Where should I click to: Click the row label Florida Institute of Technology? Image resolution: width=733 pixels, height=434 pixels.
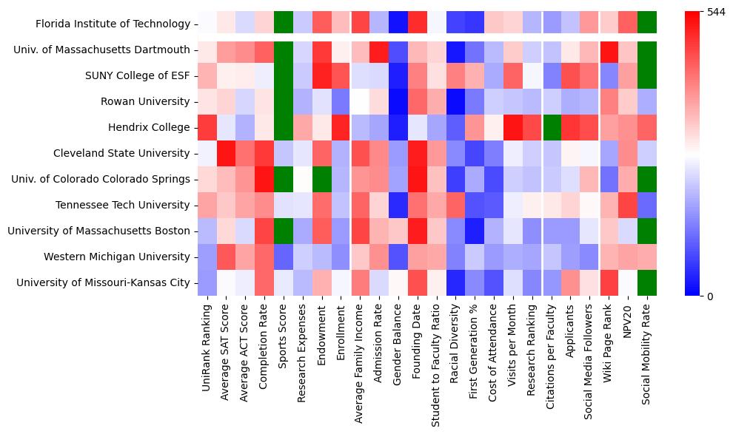(x=113, y=24)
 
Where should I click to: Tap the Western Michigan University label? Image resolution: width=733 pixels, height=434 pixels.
(x=116, y=257)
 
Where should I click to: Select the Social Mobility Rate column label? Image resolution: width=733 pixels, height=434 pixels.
(x=647, y=351)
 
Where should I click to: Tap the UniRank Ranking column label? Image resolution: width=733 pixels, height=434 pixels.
(x=207, y=341)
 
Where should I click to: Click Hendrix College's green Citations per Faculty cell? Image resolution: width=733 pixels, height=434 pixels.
(x=551, y=127)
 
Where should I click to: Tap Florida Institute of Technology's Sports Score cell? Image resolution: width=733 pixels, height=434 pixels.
(x=284, y=24)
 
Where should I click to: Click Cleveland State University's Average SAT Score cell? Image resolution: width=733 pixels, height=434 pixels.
(x=227, y=153)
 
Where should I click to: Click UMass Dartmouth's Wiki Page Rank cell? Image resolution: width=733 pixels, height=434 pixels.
(x=609, y=50)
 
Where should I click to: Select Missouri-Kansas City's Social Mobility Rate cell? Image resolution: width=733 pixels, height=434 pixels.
(x=647, y=282)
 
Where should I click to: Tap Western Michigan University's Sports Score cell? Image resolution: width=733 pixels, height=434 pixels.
(x=284, y=257)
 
